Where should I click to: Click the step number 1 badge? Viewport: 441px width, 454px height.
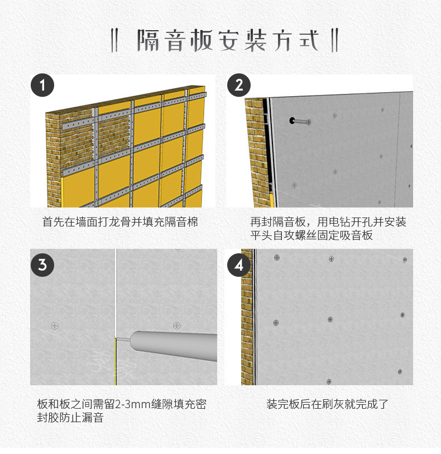(x=42, y=85)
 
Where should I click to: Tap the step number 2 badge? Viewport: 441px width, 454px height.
(x=239, y=85)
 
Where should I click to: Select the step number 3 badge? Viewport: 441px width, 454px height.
(x=42, y=264)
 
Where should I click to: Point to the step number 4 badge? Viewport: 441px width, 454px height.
(x=239, y=264)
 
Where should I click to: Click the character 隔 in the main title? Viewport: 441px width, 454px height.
(x=148, y=40)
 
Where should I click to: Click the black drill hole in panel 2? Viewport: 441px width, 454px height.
(x=292, y=120)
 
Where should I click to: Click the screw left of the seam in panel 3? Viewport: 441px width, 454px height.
(x=55, y=326)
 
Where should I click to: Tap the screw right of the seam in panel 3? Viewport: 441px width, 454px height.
(x=176, y=326)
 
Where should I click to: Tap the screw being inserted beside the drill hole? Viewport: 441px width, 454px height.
(x=303, y=122)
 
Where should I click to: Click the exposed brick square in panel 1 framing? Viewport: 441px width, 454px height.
(x=113, y=133)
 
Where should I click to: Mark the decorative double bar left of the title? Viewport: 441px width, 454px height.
(x=114, y=40)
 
